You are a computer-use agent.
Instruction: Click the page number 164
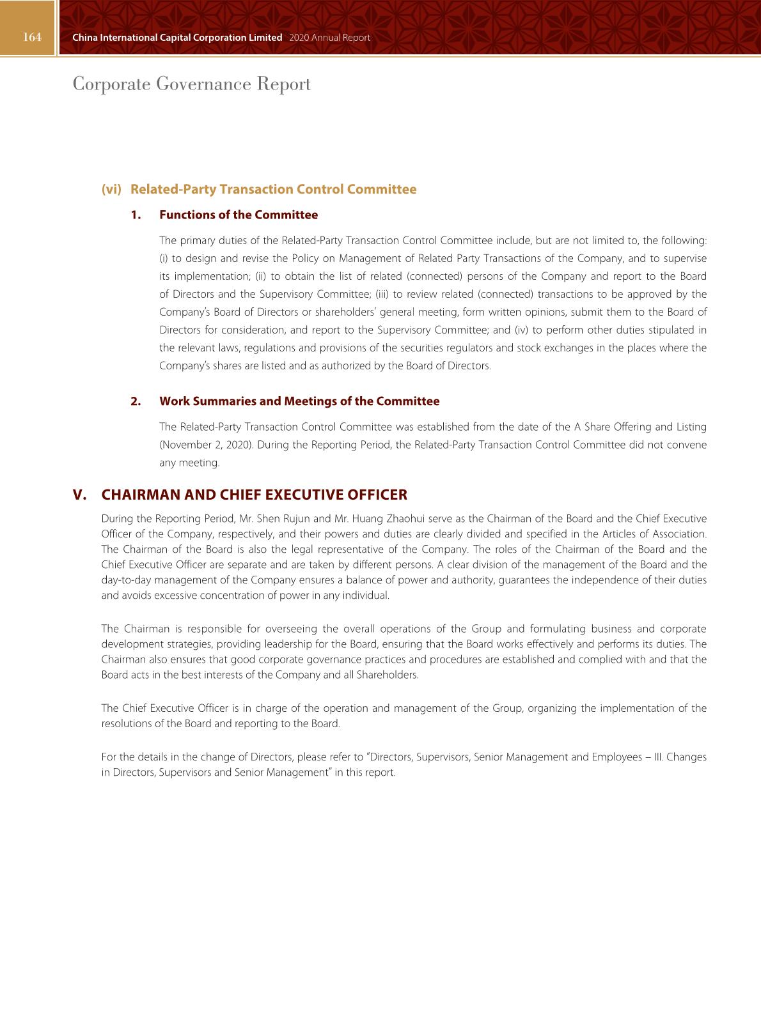point(32,37)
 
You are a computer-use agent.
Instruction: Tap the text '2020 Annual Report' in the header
point(329,38)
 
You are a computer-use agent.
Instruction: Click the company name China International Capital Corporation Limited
point(177,38)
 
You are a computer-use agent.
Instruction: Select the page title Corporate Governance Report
point(192,84)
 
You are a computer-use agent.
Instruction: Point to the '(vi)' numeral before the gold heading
point(111,189)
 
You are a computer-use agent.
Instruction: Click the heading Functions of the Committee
point(239,215)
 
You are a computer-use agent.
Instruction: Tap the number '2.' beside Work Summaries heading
point(136,401)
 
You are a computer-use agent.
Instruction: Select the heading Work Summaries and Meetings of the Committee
point(299,401)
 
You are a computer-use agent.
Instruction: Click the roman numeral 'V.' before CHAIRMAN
point(79,495)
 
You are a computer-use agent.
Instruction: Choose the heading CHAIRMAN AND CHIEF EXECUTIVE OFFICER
point(254,495)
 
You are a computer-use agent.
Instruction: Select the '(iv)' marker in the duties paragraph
point(521,330)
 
